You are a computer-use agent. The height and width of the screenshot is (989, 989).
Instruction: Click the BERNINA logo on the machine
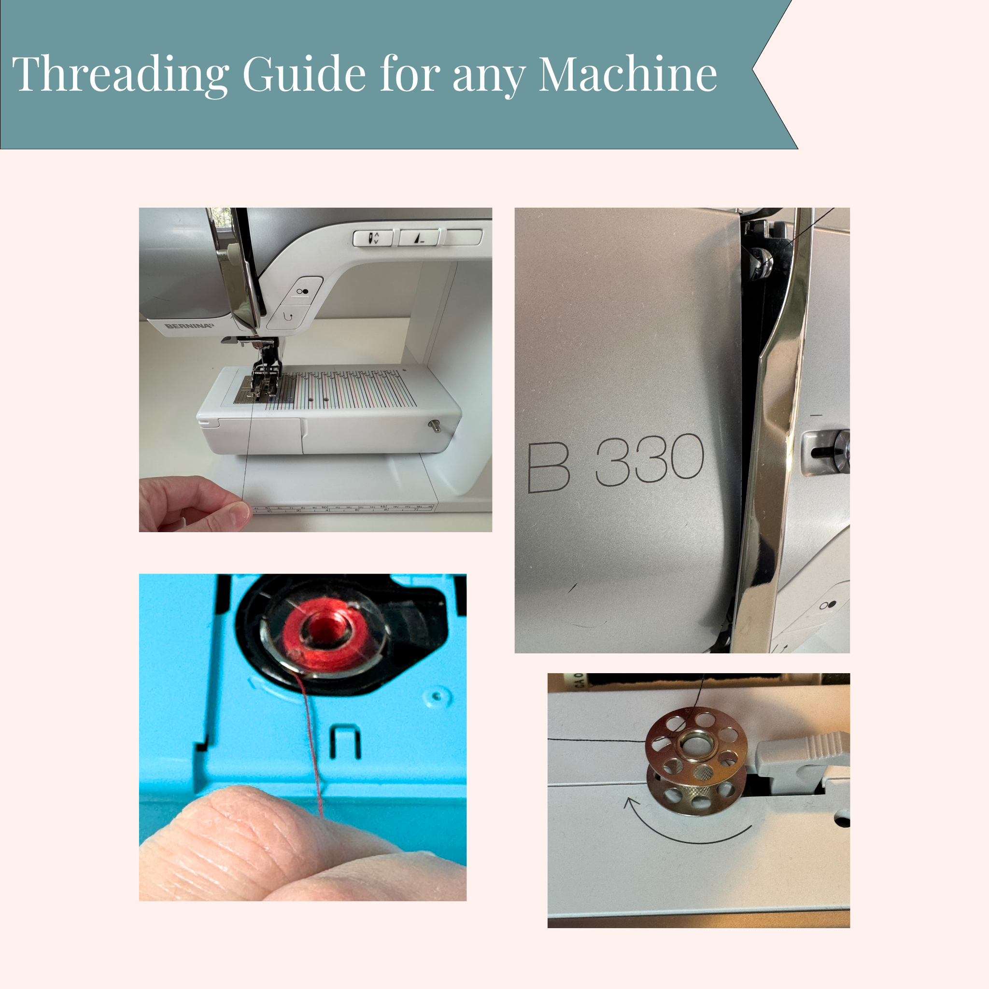188,326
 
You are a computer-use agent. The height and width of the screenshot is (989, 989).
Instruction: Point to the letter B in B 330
548,466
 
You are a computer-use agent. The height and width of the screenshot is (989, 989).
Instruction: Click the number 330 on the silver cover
650,459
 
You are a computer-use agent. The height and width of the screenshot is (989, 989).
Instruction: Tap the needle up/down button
373,238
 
